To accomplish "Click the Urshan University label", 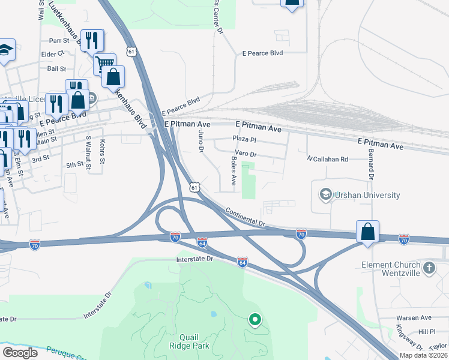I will (368, 195).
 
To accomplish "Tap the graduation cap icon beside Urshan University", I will (326, 194).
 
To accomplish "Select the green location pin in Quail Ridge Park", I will (255, 320).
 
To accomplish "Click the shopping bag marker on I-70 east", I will (367, 232).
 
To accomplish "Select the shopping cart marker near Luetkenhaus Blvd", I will (105, 63).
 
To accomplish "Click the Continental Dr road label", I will (246, 217).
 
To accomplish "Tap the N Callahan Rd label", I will (327, 159).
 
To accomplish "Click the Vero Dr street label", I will (246, 154).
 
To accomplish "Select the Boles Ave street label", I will (234, 171).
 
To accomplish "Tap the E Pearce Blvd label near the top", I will (262, 53).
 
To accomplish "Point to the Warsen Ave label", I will (414, 317).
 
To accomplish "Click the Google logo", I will (20, 353).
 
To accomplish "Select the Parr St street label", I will (60, 41).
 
